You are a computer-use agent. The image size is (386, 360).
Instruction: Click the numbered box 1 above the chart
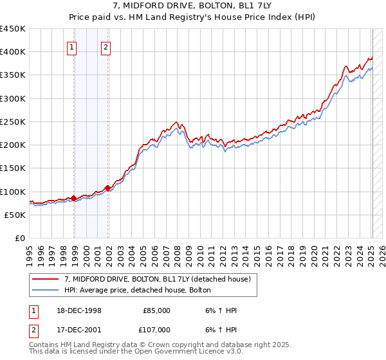[71, 46]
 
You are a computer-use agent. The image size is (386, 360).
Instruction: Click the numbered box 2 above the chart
[105, 46]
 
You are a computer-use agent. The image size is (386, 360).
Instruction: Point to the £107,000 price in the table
[156, 329]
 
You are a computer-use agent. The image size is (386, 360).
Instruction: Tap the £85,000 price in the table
[156, 310]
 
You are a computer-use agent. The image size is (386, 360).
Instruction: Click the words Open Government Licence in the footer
[192, 353]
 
